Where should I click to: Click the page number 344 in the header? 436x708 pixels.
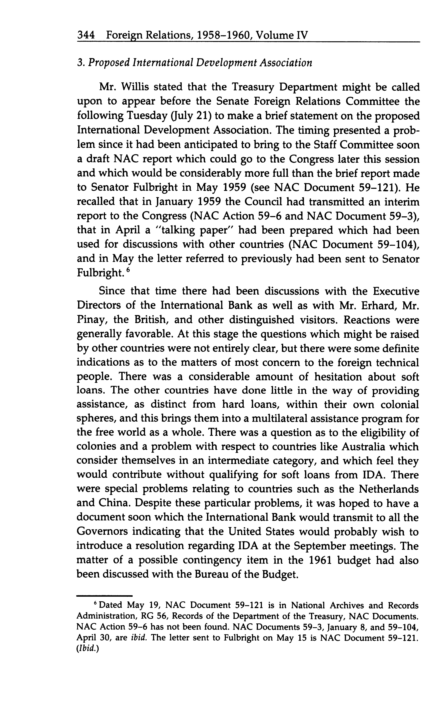(x=86, y=36)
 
